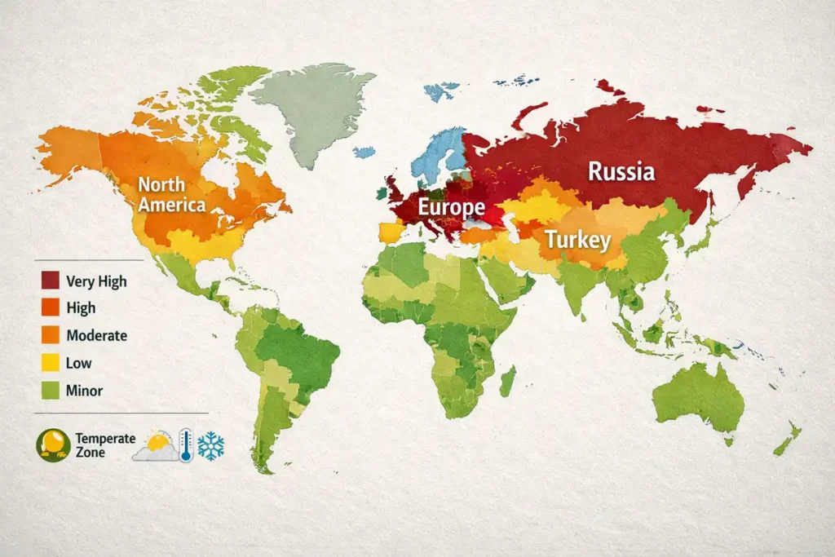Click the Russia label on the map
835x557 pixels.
coord(621,172)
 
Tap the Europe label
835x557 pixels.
coord(451,207)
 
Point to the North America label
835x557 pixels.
coord(171,195)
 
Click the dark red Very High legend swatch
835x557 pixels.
coord(50,282)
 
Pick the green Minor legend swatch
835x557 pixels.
coord(50,391)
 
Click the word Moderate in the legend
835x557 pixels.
coord(97,335)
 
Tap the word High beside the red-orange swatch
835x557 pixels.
coord(82,308)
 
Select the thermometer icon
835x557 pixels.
coord(186,446)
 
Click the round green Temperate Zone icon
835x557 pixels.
coord(52,445)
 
